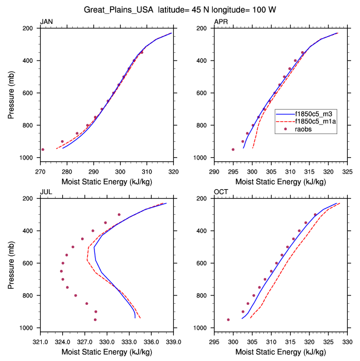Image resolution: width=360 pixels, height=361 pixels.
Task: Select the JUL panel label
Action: tap(46, 192)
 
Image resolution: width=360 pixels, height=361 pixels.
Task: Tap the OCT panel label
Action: tap(221, 192)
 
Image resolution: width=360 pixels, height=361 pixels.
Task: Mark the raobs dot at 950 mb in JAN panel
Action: tap(43, 150)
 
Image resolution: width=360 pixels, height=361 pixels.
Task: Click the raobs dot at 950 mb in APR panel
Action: tap(233, 150)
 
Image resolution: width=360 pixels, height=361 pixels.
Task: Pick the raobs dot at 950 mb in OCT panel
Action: tap(228, 320)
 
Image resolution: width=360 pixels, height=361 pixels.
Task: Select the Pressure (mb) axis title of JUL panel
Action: tap(11, 263)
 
